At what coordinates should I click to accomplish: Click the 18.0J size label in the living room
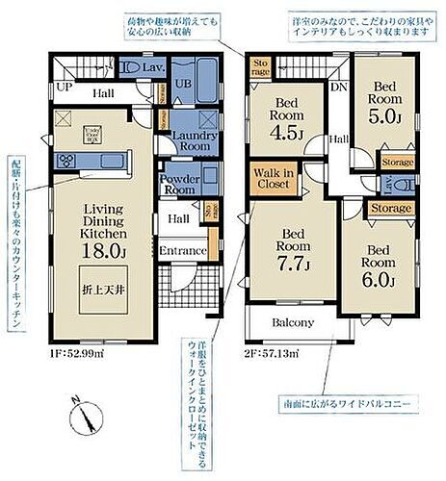(x=106, y=253)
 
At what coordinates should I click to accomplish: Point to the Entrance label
(x=183, y=251)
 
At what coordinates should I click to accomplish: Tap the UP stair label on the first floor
(x=66, y=87)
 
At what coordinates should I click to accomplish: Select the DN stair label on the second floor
(x=337, y=87)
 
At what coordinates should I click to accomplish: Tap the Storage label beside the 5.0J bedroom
(x=397, y=163)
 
